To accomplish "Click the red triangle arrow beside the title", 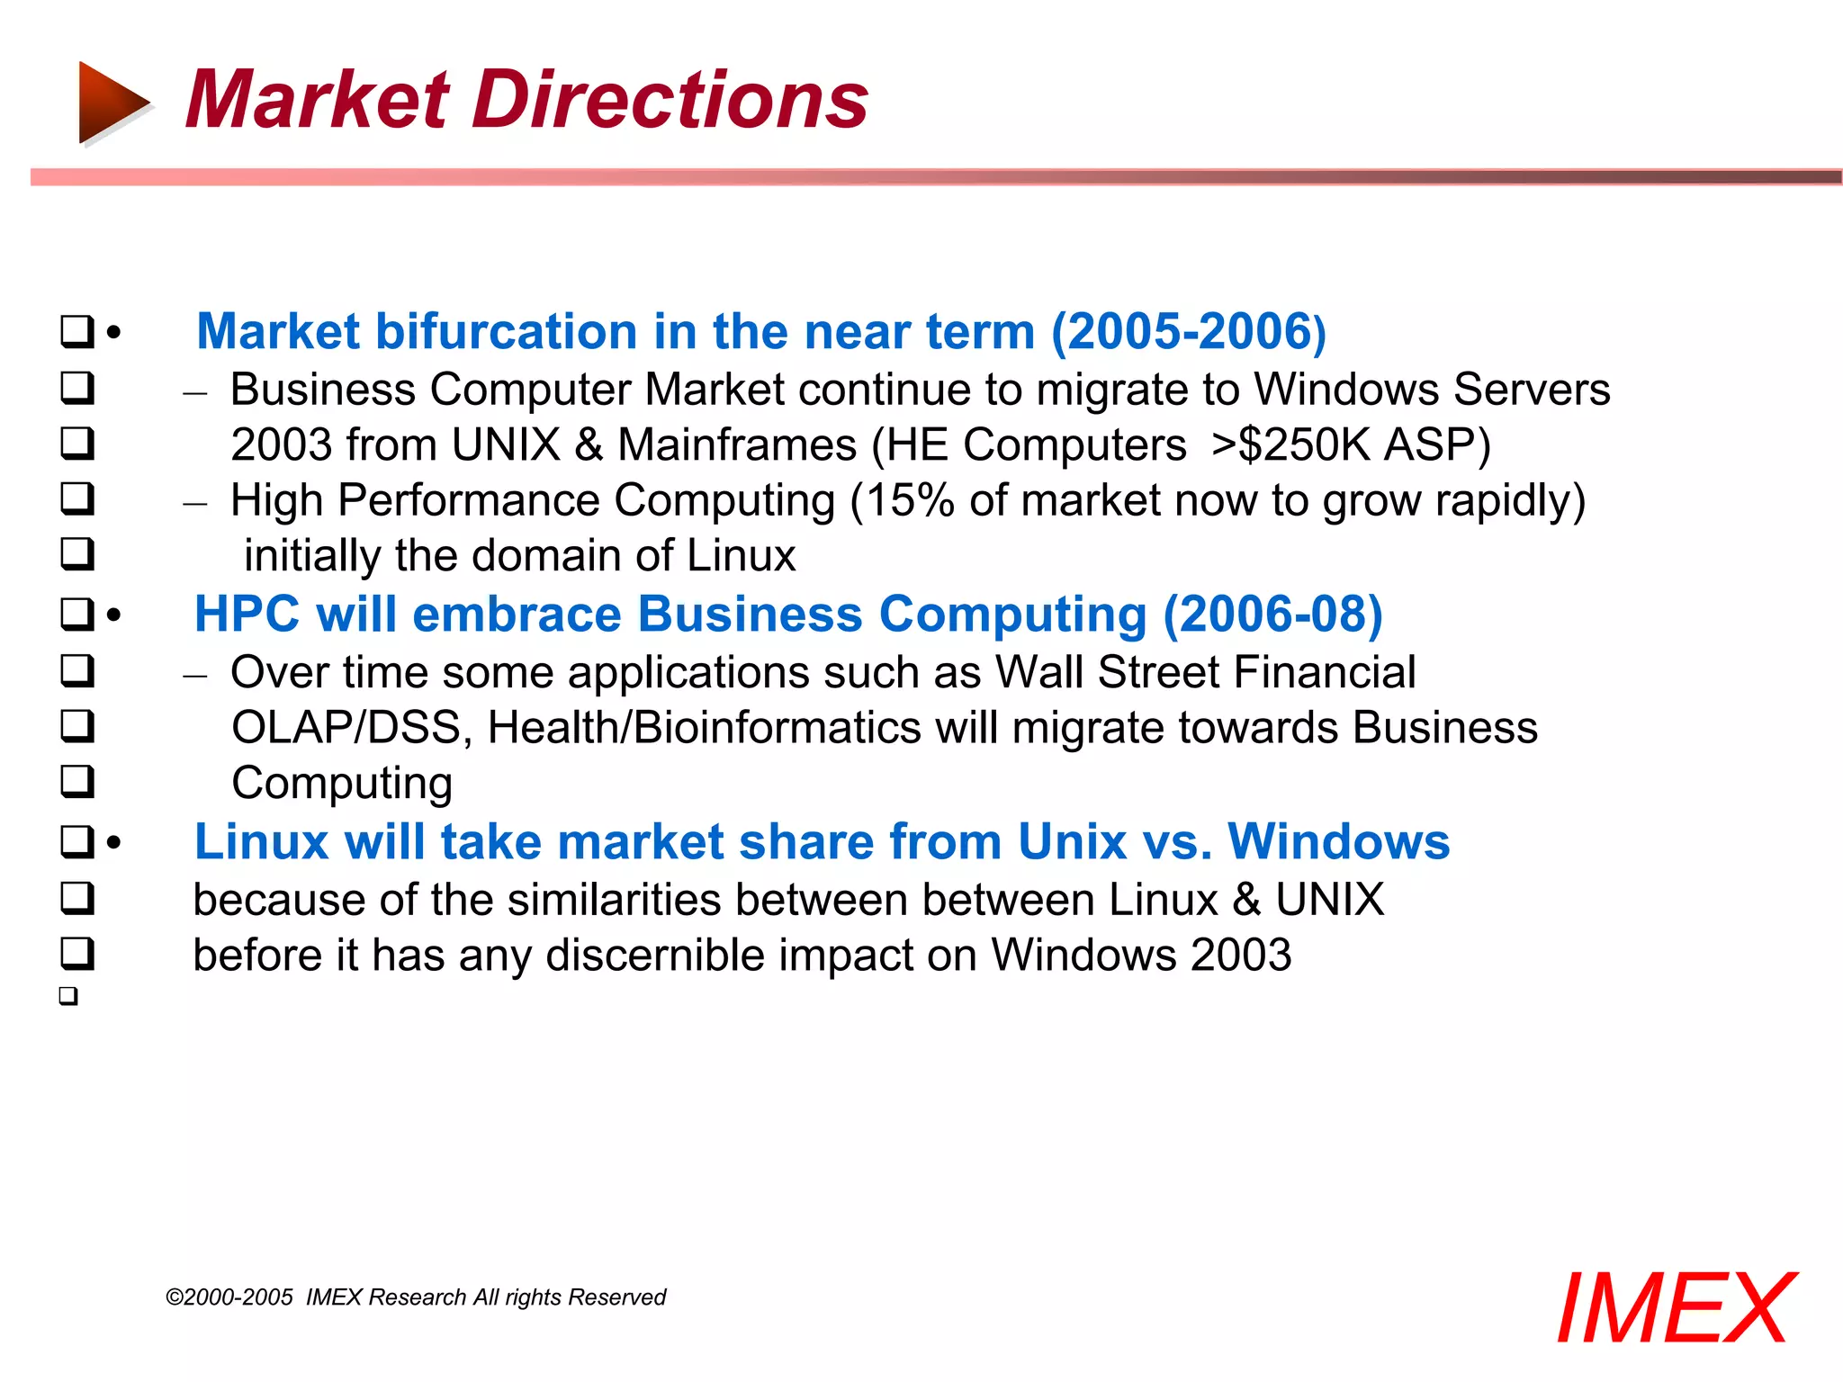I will (112, 102).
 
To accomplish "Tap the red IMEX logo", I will (1675, 1308).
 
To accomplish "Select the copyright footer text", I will (416, 1297).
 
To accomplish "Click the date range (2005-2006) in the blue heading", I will (1189, 332).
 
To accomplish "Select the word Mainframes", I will (737, 445).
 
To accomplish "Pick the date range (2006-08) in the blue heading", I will (1272, 615).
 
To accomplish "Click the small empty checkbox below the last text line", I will (68, 996).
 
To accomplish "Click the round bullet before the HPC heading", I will (113, 615).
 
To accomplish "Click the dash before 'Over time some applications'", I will (194, 675).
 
